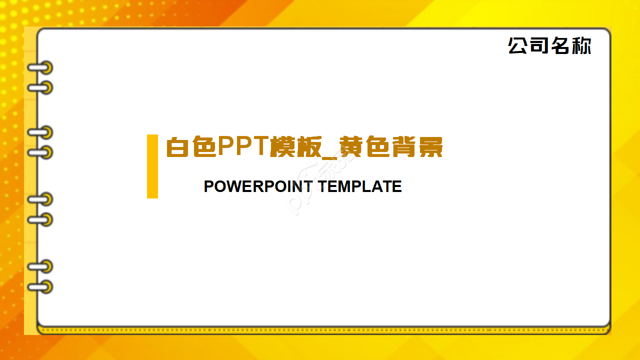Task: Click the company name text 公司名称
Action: tap(549, 45)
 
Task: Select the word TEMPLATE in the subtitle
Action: tap(359, 186)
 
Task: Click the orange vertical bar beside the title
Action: tap(152, 166)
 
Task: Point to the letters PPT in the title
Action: tap(242, 146)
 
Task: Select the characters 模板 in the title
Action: tap(293, 147)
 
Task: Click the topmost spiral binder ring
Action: tap(40, 67)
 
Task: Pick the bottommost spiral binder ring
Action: tap(40, 287)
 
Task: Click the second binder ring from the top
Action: tap(40, 88)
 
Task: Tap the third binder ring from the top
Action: tap(40, 132)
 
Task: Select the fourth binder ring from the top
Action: tap(40, 152)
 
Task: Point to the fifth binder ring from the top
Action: tap(40, 199)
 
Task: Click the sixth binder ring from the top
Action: tap(40, 219)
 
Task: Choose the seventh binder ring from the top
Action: tap(40, 266)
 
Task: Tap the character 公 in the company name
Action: tap(518, 45)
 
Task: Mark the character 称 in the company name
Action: tap(581, 45)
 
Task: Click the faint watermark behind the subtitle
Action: tap(320, 185)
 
